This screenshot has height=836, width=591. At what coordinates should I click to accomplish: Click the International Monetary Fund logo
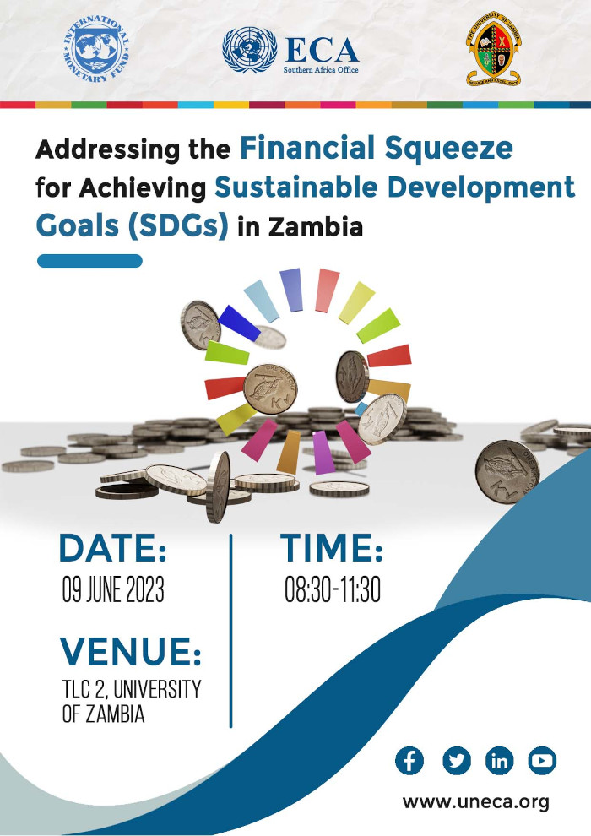click(96, 48)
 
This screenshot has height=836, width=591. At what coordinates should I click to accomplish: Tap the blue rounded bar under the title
click(89, 261)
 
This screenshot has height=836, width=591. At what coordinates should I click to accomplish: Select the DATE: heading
click(113, 549)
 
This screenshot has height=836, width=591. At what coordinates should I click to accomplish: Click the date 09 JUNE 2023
click(113, 590)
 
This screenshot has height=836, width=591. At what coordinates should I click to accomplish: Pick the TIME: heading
click(332, 549)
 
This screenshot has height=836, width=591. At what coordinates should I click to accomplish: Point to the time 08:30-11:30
click(333, 590)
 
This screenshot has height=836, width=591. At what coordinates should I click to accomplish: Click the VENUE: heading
click(131, 652)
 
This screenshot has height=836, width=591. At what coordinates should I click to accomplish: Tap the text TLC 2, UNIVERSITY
click(132, 689)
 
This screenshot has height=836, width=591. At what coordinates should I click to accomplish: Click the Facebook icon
click(409, 761)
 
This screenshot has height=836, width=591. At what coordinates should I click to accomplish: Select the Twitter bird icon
click(456, 761)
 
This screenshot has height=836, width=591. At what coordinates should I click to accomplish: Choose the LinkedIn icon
click(501, 761)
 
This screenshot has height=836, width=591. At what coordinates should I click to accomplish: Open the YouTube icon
click(543, 761)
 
